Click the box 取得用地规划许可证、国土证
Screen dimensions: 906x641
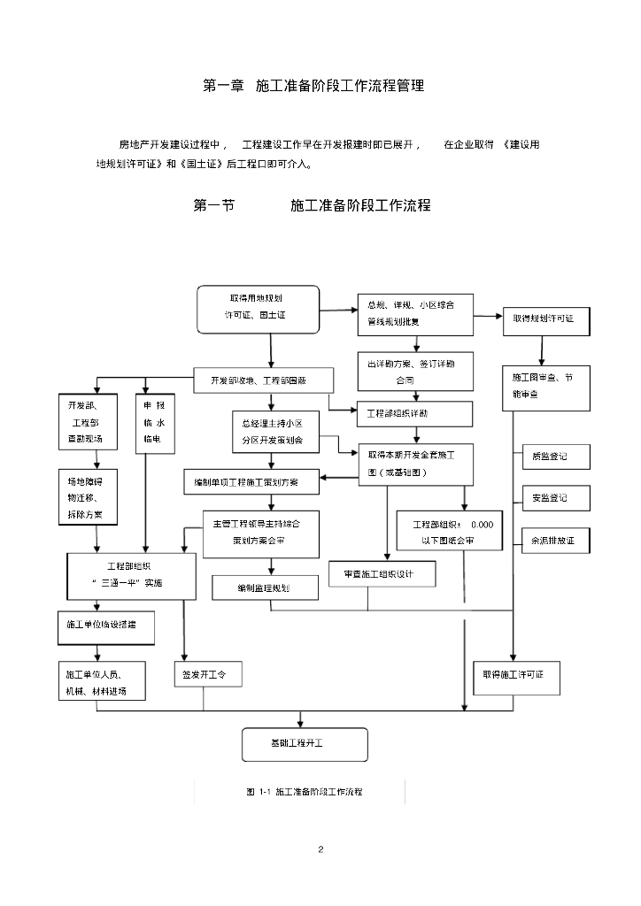tap(257, 309)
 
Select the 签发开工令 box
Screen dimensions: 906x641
tap(207, 676)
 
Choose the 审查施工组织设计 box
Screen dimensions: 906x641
tap(382, 574)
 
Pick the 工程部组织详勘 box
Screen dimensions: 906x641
tap(413, 413)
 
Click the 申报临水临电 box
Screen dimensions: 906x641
tap(154, 423)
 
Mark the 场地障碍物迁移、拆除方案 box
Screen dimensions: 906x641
tap(87, 496)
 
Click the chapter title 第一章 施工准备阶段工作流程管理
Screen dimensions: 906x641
tap(313, 87)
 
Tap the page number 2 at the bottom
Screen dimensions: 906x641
tap(320, 850)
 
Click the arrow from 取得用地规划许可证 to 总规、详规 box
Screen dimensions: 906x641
tap(337, 310)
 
